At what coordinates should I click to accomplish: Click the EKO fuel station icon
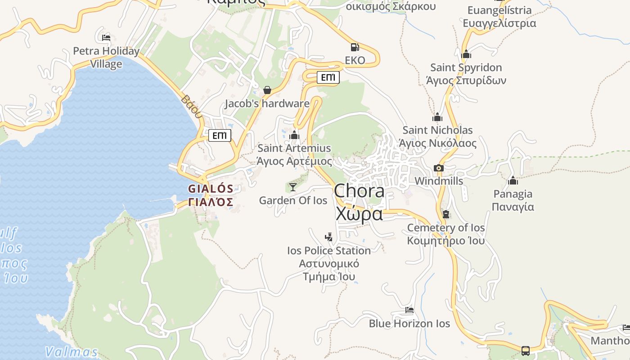[x=355, y=47]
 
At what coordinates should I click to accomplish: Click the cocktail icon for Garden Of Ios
[x=293, y=187]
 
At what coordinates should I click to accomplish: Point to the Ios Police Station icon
[x=329, y=237]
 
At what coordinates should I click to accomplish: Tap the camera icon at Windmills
[x=438, y=168]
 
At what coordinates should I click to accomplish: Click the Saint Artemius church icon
[x=294, y=135]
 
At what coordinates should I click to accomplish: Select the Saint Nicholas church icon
[x=437, y=117]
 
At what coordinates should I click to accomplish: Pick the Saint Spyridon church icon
[x=466, y=54]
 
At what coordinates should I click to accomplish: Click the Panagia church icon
[x=513, y=181]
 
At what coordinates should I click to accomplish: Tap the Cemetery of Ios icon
[x=446, y=214]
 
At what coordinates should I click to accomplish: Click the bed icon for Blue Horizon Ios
[x=409, y=310]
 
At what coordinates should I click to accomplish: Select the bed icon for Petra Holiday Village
[x=106, y=37]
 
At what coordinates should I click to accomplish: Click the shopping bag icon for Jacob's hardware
[x=267, y=90]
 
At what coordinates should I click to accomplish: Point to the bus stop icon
[x=525, y=351]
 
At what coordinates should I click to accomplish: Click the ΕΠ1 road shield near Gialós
[x=220, y=135]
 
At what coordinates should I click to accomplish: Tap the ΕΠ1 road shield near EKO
[x=328, y=77]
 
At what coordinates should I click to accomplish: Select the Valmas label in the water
[x=72, y=351]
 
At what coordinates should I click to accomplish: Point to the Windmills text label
[x=439, y=181]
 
